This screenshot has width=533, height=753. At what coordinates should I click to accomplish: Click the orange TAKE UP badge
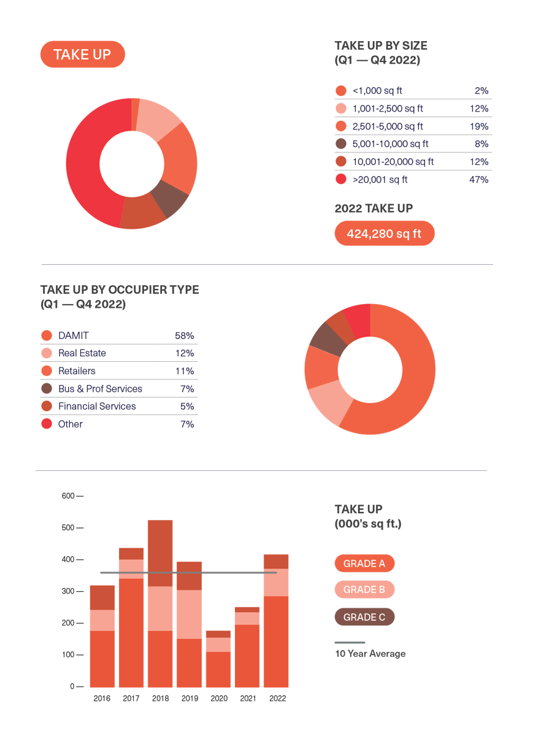(82, 55)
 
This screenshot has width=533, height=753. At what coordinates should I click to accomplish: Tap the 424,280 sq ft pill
(385, 234)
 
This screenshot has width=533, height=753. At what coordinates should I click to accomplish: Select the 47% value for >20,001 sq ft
(478, 180)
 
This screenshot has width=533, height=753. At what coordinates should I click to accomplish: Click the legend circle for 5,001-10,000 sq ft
(341, 144)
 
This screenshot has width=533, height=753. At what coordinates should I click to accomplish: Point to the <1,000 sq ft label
(377, 91)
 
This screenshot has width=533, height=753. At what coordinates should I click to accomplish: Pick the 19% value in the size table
(478, 126)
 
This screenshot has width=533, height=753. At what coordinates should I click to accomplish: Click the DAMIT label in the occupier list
(74, 335)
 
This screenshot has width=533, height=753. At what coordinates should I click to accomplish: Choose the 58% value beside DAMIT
(184, 335)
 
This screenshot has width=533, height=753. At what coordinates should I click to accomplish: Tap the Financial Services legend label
(97, 406)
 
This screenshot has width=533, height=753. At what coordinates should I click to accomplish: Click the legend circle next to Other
(46, 424)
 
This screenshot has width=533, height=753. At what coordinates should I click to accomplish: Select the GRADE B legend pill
(364, 589)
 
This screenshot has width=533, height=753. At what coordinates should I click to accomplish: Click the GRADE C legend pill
(364, 617)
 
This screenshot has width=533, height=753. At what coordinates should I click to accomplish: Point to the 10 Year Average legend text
(370, 654)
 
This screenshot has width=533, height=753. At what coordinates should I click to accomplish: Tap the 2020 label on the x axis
(218, 698)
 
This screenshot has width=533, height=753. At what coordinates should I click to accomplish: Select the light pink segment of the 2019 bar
(190, 614)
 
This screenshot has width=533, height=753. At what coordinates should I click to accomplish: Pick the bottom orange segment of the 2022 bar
(276, 641)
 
